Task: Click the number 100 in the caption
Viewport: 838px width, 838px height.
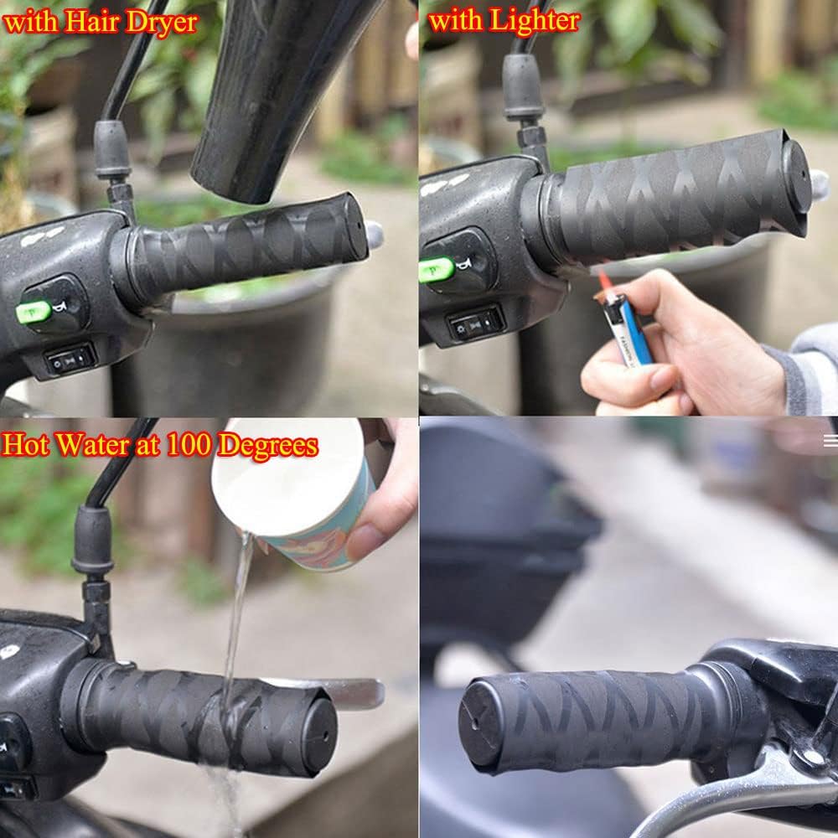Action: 188,444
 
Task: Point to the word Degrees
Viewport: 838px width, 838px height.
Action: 268,447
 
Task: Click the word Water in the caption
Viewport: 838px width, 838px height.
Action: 92,444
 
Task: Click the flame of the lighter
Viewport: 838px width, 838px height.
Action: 604,279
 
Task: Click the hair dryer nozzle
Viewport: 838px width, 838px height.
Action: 272,96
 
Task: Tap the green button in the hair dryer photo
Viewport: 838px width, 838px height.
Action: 34,312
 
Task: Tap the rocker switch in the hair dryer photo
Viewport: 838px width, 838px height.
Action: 70,360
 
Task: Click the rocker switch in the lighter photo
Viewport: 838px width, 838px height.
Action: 476,323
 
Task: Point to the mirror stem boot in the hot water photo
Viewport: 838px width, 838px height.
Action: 92,540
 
